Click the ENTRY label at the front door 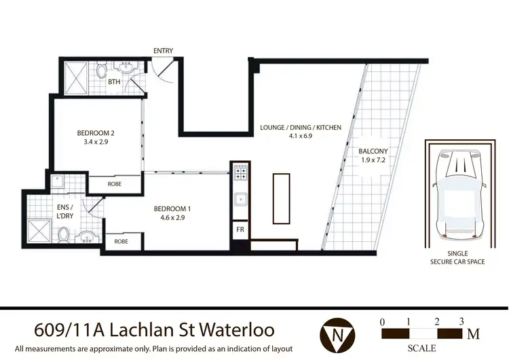pyautogui.click(x=163, y=51)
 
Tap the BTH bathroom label pyautogui.click(x=113, y=82)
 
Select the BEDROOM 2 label pyautogui.click(x=94, y=133)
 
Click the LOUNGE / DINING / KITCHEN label pyautogui.click(x=301, y=127)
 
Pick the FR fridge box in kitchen pyautogui.click(x=240, y=230)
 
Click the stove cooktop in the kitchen pyautogui.click(x=240, y=176)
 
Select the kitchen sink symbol pyautogui.click(x=240, y=200)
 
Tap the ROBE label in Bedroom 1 pyautogui.click(x=121, y=241)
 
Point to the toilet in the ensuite pyautogui.click(x=62, y=235)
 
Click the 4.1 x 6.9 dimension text pyautogui.click(x=301, y=136)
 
